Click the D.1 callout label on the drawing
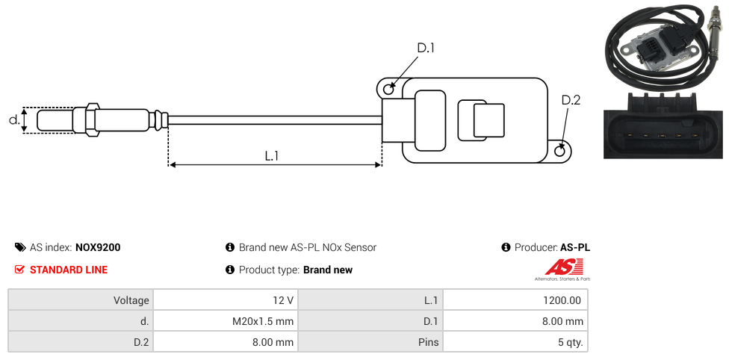click(x=426, y=48)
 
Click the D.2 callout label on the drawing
click(x=571, y=100)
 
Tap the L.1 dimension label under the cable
click(x=272, y=156)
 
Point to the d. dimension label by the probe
click(x=14, y=120)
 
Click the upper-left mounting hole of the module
click(x=388, y=90)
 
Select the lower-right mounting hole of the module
click(x=561, y=151)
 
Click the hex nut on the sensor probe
click(x=93, y=120)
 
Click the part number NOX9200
click(x=98, y=247)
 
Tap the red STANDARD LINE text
click(x=69, y=270)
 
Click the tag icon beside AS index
click(x=20, y=247)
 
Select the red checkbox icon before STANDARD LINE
click(x=20, y=270)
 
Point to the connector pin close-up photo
click(x=663, y=125)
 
